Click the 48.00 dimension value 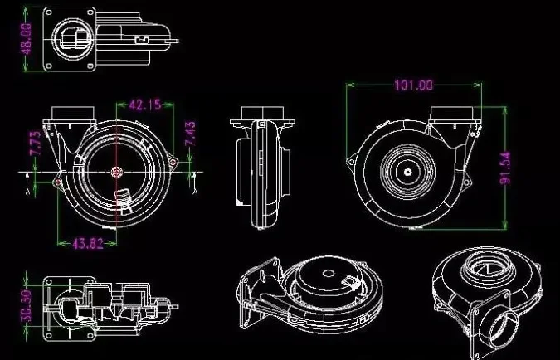tap(26, 38)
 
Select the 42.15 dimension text tap(145, 105)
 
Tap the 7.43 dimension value tap(190, 134)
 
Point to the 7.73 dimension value tap(35, 144)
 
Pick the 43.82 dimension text tap(88, 244)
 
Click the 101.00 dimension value tap(414, 85)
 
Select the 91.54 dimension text tap(504, 168)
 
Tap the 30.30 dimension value tap(26, 306)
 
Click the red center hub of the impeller tap(116, 173)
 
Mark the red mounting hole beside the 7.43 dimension tap(173, 162)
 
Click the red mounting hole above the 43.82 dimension tap(58, 182)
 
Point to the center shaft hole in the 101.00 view tap(408, 173)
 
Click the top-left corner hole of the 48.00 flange tap(49, 12)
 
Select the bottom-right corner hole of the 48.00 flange tap(90, 66)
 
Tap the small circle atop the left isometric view tap(329, 274)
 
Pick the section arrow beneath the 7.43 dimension tap(195, 183)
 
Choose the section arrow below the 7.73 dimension tap(28, 183)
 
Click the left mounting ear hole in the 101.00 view tap(352, 162)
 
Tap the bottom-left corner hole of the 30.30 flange tap(49, 336)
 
